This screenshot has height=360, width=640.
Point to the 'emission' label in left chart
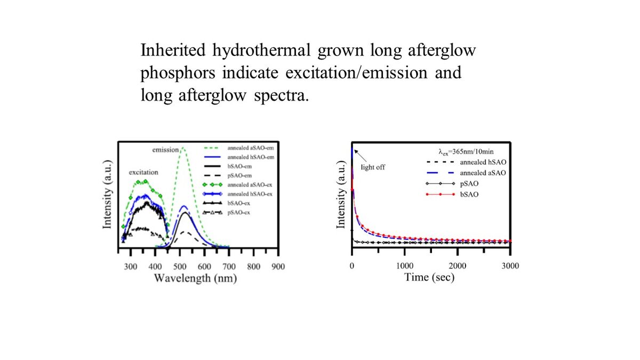[x=165, y=150]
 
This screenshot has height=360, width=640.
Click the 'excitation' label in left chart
[x=143, y=172]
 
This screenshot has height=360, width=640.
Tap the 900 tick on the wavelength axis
[x=278, y=267]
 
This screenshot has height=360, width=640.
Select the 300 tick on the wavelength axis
[x=131, y=267]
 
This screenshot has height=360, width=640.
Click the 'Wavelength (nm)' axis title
[x=195, y=278]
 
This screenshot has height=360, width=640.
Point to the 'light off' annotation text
[x=373, y=167]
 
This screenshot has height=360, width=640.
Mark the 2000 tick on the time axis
[x=458, y=266]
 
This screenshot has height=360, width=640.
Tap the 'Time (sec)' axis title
[x=429, y=277]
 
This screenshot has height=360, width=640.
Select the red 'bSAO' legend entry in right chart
[x=469, y=195]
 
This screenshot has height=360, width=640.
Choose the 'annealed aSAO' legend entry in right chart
[x=483, y=173]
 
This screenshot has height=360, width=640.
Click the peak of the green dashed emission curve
[x=183, y=148]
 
